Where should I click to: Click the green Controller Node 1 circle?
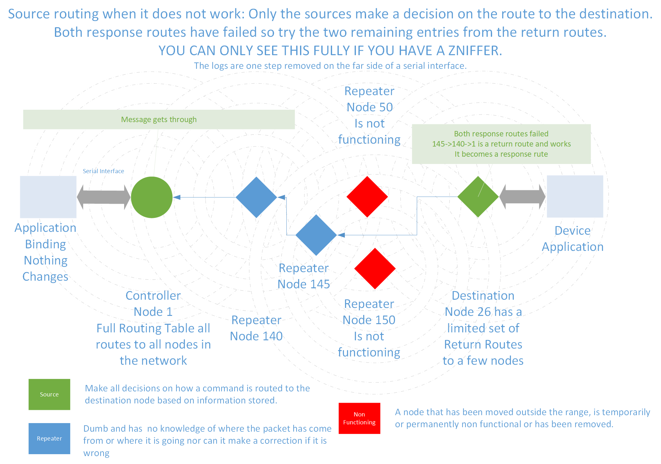pos(151,197)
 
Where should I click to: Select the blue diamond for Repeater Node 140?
pos(256,197)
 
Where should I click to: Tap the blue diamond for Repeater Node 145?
pos(316,235)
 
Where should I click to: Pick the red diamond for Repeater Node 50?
pos(367,197)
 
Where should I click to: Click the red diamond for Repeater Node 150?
pos(375,268)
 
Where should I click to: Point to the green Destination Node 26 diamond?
pos(478,197)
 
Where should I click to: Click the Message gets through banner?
pos(159,119)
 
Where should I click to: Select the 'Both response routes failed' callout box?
pos(501,144)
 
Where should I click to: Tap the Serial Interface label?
pos(103,171)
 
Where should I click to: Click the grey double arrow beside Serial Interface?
pos(103,197)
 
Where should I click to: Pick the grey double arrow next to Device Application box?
pos(522,197)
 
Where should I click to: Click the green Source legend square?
pos(49,394)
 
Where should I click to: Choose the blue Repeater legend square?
pos(49,438)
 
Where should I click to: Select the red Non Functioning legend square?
pos(359,418)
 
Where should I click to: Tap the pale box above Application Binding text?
pos(48,197)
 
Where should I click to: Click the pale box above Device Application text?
pos(575,196)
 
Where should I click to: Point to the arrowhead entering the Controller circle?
pos(177,197)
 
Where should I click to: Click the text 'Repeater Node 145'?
pos(304,276)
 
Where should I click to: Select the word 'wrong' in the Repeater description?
pos(96,453)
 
